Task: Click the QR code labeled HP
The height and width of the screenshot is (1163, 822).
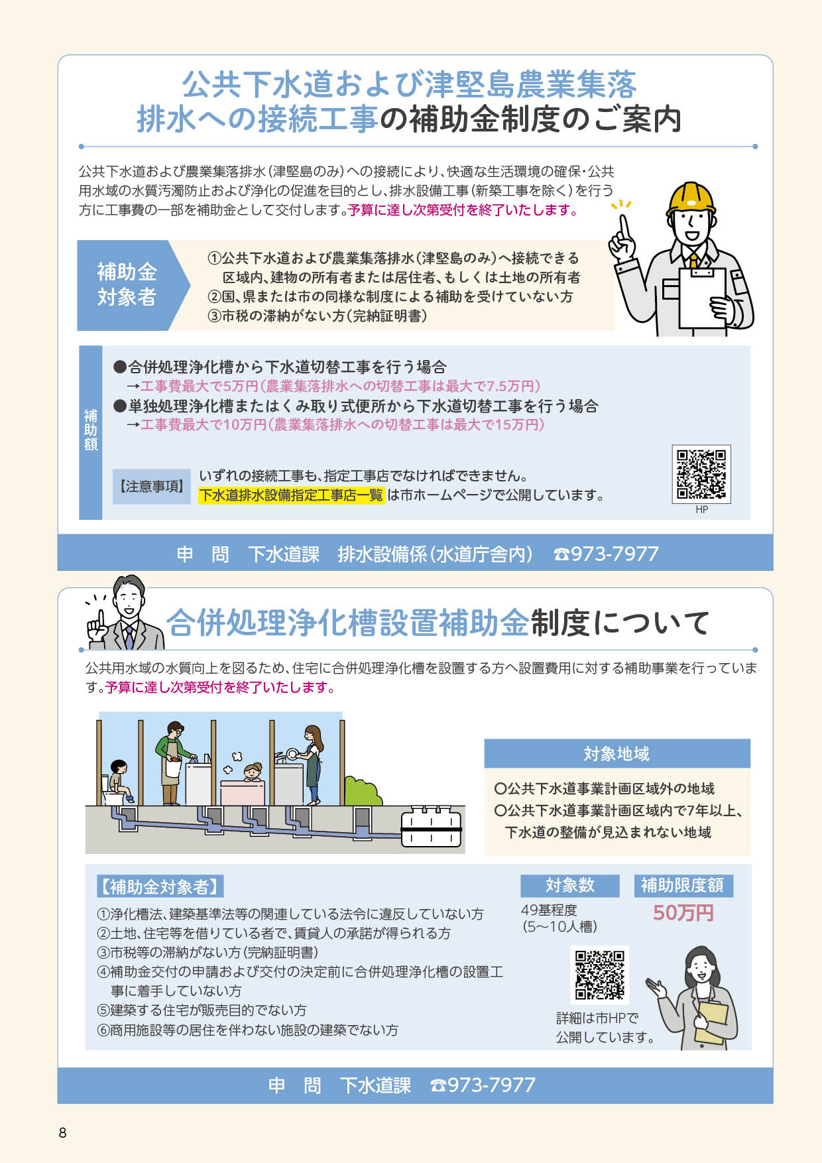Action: pyautogui.click(x=701, y=474)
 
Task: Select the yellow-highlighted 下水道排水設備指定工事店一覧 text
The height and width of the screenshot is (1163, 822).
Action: pyautogui.click(x=292, y=495)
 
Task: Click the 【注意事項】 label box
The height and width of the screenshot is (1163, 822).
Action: pyautogui.click(x=152, y=486)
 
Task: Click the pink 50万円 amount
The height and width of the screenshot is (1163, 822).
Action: pyautogui.click(x=683, y=913)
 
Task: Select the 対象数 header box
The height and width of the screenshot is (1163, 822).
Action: pyautogui.click(x=570, y=886)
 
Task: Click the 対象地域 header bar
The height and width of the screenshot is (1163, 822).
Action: pyautogui.click(x=617, y=754)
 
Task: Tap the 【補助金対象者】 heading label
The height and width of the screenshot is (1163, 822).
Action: pyautogui.click(x=160, y=887)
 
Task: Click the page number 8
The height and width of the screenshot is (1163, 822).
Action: pyautogui.click(x=63, y=1132)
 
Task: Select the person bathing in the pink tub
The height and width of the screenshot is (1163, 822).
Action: pyautogui.click(x=253, y=773)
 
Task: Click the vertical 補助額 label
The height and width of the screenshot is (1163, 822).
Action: pyautogui.click(x=91, y=430)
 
